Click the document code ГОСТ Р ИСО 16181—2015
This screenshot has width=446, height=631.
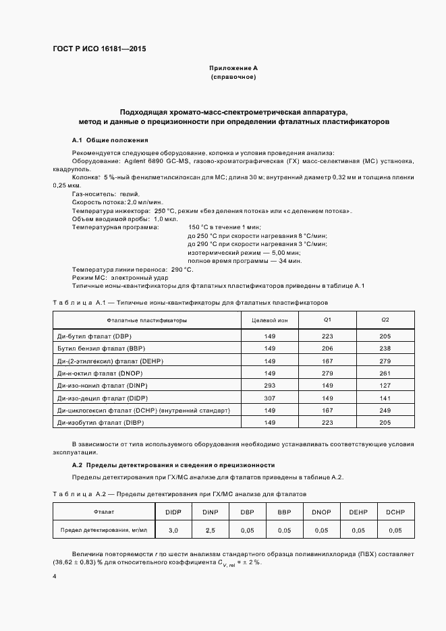[x=99, y=49]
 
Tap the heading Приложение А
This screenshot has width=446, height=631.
[x=233, y=68]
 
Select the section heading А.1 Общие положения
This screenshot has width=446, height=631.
[x=110, y=140]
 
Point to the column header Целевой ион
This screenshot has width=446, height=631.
[x=269, y=320]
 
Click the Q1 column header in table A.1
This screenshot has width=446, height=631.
[x=327, y=320]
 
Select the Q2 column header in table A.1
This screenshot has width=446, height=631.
[x=385, y=320]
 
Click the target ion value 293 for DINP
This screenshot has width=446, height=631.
[x=270, y=385]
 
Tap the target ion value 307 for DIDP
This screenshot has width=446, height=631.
[x=270, y=398]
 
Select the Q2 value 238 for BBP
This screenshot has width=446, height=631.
[x=385, y=348]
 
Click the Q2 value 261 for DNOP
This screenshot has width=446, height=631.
[x=385, y=373]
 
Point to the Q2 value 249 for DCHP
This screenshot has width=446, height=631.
[x=385, y=410]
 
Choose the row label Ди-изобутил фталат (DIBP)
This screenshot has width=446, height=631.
[x=102, y=423]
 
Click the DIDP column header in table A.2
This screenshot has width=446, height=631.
[x=173, y=512]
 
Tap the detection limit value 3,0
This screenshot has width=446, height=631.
[x=173, y=531]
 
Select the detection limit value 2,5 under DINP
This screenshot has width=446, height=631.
[x=210, y=531]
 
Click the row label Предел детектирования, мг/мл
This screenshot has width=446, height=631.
[x=104, y=531]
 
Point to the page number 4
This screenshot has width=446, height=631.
[x=55, y=577]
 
